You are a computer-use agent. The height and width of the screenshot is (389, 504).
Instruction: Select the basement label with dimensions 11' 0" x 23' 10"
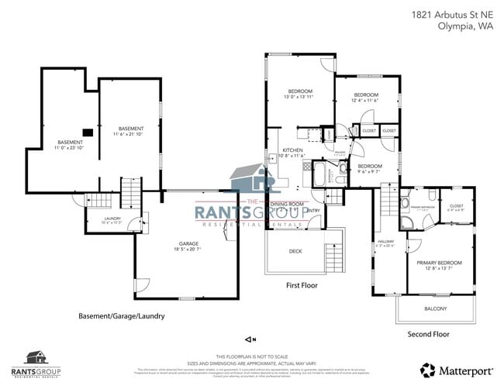tap(70, 144)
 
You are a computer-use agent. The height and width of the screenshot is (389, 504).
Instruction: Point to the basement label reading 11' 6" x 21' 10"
tap(130, 131)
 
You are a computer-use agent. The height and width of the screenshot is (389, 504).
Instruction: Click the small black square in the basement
tap(88, 133)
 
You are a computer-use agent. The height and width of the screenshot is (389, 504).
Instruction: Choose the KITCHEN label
tap(292, 153)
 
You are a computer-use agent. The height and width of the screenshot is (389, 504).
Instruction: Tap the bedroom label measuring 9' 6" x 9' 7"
tap(369, 168)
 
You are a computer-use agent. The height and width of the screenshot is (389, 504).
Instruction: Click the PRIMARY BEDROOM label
tap(438, 265)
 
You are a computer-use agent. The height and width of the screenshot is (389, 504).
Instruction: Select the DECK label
tap(295, 251)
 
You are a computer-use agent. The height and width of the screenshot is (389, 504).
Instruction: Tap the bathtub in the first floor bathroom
tap(319, 172)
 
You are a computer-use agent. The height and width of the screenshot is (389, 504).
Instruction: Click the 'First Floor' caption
tap(302, 285)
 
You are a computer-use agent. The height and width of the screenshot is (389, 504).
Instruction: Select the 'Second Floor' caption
tap(428, 334)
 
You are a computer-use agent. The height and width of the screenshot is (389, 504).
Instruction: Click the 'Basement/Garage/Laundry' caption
tap(121, 316)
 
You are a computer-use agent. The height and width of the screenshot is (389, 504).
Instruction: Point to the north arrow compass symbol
tap(250, 339)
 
